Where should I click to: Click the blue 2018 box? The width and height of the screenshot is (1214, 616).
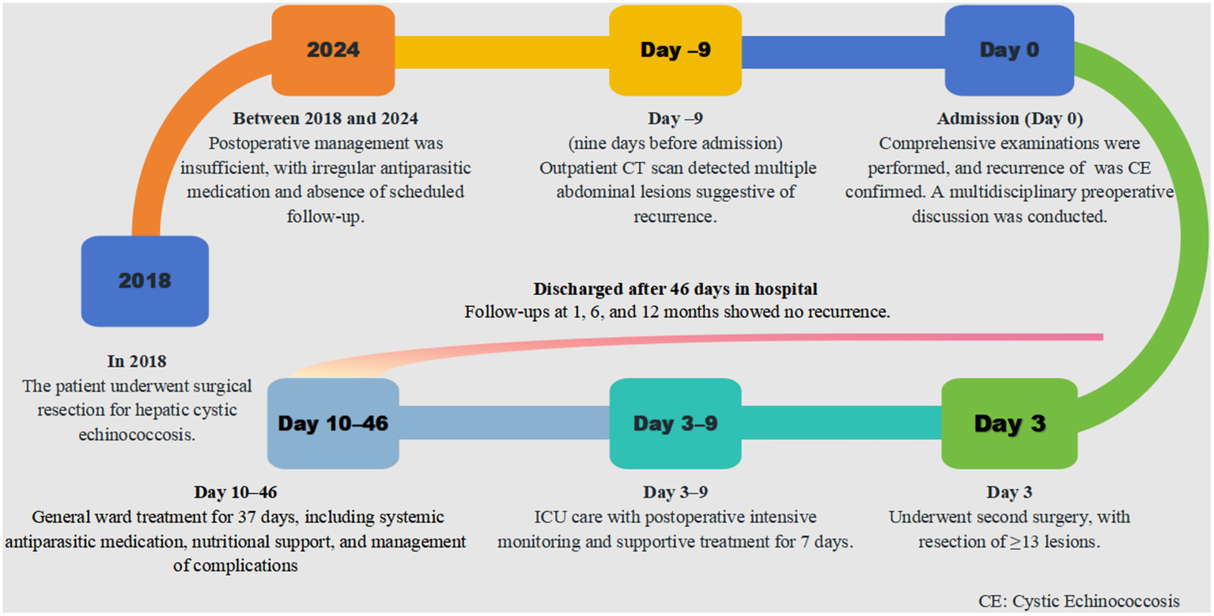145,282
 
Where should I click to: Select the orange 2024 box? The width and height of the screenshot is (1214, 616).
333,51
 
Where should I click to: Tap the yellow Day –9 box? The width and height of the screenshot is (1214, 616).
675,51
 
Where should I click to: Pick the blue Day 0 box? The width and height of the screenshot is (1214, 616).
1009,51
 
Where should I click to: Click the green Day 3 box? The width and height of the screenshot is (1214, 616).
1009,424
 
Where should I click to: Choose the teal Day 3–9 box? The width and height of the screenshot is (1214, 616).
675,424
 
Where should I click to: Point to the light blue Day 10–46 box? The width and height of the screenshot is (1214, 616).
333,424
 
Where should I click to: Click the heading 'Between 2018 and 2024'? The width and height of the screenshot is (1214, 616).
325,118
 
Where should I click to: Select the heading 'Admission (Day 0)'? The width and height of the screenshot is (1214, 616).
1010,119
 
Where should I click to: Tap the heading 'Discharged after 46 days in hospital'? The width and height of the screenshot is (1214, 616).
675,289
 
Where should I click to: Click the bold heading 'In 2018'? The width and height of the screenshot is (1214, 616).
137,361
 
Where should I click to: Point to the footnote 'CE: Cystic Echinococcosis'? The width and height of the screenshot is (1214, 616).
1079,601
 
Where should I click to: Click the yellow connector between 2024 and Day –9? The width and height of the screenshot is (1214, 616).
502,52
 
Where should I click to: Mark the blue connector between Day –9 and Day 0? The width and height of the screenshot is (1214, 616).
843,52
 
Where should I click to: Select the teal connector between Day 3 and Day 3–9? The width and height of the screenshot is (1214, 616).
841,422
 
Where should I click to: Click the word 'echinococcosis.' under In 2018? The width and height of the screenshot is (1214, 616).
137,434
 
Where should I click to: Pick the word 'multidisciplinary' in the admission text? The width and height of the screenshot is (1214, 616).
1012,192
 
